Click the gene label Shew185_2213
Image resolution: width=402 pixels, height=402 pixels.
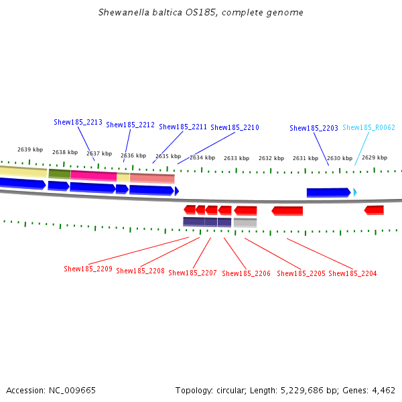78,122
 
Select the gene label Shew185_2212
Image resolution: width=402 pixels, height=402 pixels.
130,125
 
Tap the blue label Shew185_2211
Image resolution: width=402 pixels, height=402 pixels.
183,127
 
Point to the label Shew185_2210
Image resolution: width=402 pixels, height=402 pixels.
234,127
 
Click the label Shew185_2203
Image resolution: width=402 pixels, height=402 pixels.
314,128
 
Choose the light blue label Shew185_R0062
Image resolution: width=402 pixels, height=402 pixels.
368,127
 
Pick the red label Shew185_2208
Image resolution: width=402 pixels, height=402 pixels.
140,271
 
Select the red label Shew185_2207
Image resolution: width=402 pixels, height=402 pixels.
192,273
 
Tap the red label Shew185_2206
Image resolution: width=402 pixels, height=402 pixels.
246,273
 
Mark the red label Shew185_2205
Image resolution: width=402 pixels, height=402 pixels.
301,273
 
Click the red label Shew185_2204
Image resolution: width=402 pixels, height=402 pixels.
352,273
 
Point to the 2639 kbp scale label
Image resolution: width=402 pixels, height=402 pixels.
30,149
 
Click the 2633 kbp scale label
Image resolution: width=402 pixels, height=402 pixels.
237,158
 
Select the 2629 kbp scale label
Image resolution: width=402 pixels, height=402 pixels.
375,157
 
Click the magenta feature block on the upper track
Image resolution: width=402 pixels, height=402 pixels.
93,176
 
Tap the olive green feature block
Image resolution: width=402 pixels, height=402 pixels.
59,174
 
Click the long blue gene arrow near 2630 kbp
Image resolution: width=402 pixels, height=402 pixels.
328,192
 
